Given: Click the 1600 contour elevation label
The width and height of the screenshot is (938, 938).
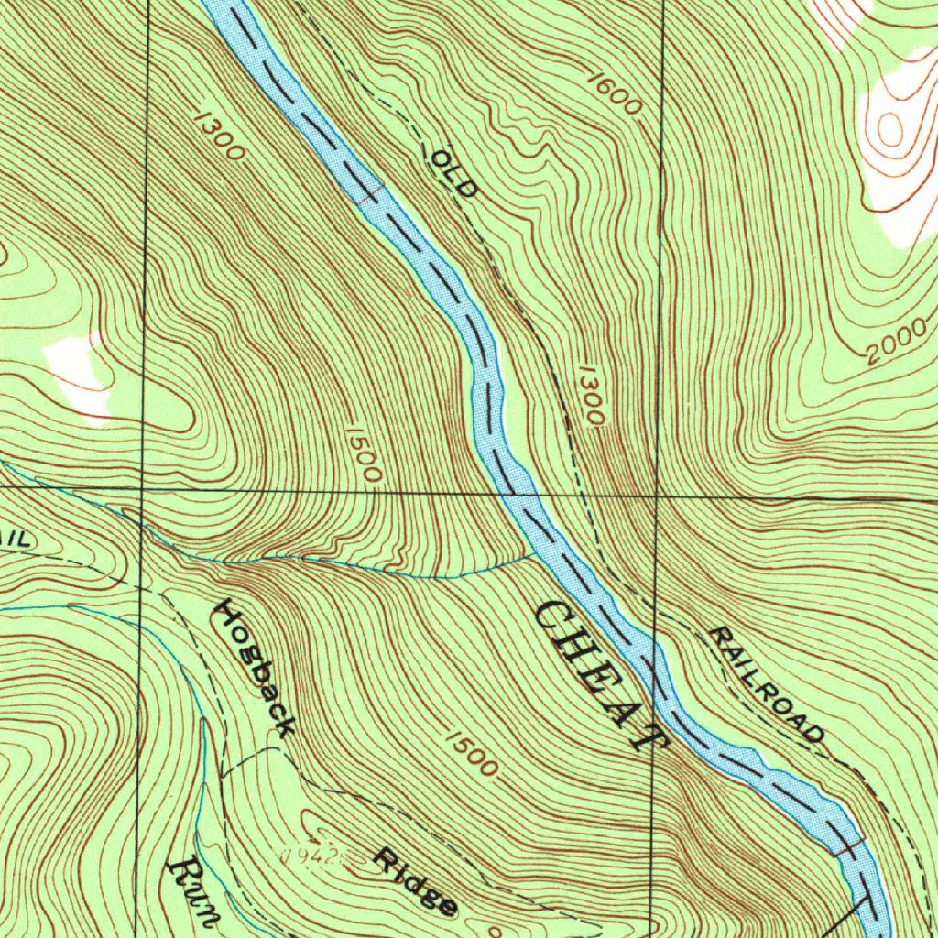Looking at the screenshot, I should (x=613, y=93).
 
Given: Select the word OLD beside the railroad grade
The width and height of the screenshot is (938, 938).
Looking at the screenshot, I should (x=454, y=174).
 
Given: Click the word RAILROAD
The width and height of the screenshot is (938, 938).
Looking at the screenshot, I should (x=766, y=683).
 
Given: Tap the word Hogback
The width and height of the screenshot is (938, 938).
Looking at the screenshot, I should (x=254, y=668).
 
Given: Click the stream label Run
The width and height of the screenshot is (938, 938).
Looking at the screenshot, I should (x=193, y=893).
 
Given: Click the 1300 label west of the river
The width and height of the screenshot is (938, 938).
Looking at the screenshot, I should (x=220, y=136).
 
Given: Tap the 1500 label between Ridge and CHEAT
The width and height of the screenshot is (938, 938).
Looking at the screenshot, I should (x=473, y=753).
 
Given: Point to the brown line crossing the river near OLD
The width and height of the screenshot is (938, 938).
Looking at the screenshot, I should (x=368, y=194).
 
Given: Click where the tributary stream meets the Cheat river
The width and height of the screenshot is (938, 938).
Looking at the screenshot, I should (x=535, y=552).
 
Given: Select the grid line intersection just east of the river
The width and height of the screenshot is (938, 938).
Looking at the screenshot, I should (x=657, y=496).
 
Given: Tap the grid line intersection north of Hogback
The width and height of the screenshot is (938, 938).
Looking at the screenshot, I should (x=143, y=490).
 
